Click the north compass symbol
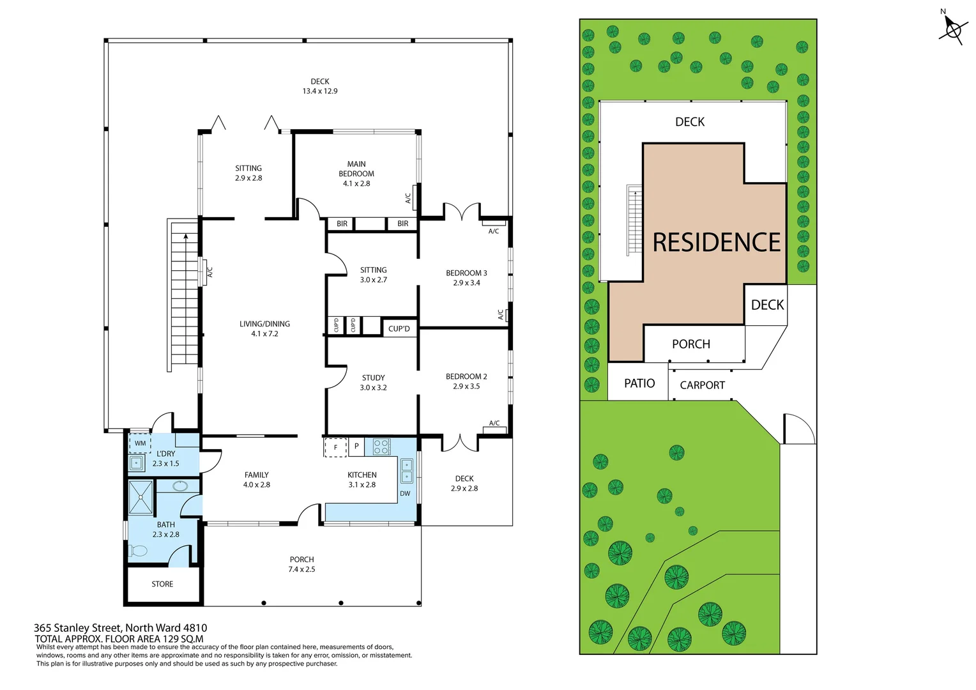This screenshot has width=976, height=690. tap(952, 29)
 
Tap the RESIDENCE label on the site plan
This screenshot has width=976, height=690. tap(716, 243)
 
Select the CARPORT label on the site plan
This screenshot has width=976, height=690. tap(702, 385)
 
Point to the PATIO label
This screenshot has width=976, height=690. tap(639, 383)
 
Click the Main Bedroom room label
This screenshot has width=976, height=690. tap(356, 174)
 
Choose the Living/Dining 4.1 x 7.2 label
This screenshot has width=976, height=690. tap(264, 329)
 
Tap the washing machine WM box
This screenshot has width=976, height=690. tap(140, 443)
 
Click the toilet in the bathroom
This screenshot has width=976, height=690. tap(139, 550)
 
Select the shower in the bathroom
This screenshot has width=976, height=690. tap(141, 497)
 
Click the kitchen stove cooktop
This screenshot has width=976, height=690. tap(381, 447)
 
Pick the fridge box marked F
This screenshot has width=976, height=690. tap(335, 447)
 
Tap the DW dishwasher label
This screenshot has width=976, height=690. tap(405, 493)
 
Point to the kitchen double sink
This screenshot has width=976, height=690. tap(407, 471)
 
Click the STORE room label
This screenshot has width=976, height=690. tap(162, 584)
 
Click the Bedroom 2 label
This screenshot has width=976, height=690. tap(466, 381)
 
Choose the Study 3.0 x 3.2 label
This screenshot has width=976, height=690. tap(373, 383)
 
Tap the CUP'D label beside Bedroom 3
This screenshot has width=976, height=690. tap(399, 328)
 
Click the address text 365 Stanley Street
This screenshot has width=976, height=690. tap(120, 628)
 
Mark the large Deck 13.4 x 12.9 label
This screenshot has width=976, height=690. tap(320, 86)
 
